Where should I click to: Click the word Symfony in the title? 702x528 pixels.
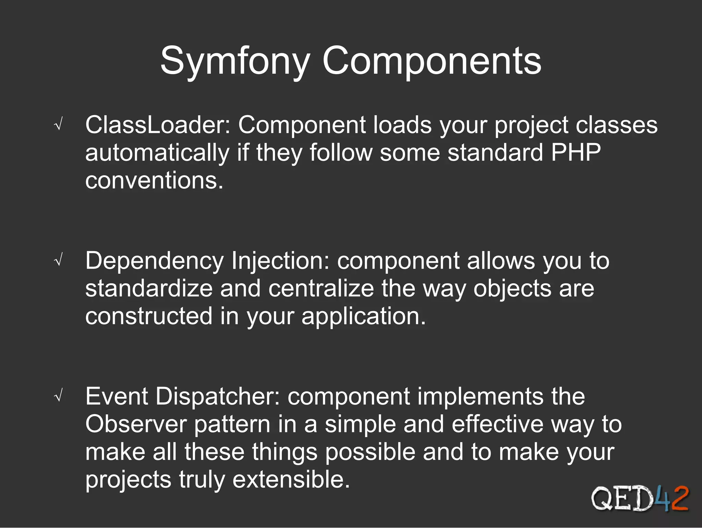point(235,62)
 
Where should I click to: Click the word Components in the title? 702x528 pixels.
point(432,62)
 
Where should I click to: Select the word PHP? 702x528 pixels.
point(576,152)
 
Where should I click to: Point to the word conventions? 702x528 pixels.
point(154,181)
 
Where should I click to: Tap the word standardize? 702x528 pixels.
point(149,289)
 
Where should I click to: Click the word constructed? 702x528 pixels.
point(149,316)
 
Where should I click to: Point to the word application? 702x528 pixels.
point(363,317)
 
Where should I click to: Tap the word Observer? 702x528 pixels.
point(136,424)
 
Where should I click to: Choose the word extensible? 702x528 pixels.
point(291,480)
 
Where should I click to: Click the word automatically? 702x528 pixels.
point(157,153)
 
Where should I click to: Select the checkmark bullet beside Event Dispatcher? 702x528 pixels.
point(59,397)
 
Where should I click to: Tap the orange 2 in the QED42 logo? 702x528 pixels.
point(679,498)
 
